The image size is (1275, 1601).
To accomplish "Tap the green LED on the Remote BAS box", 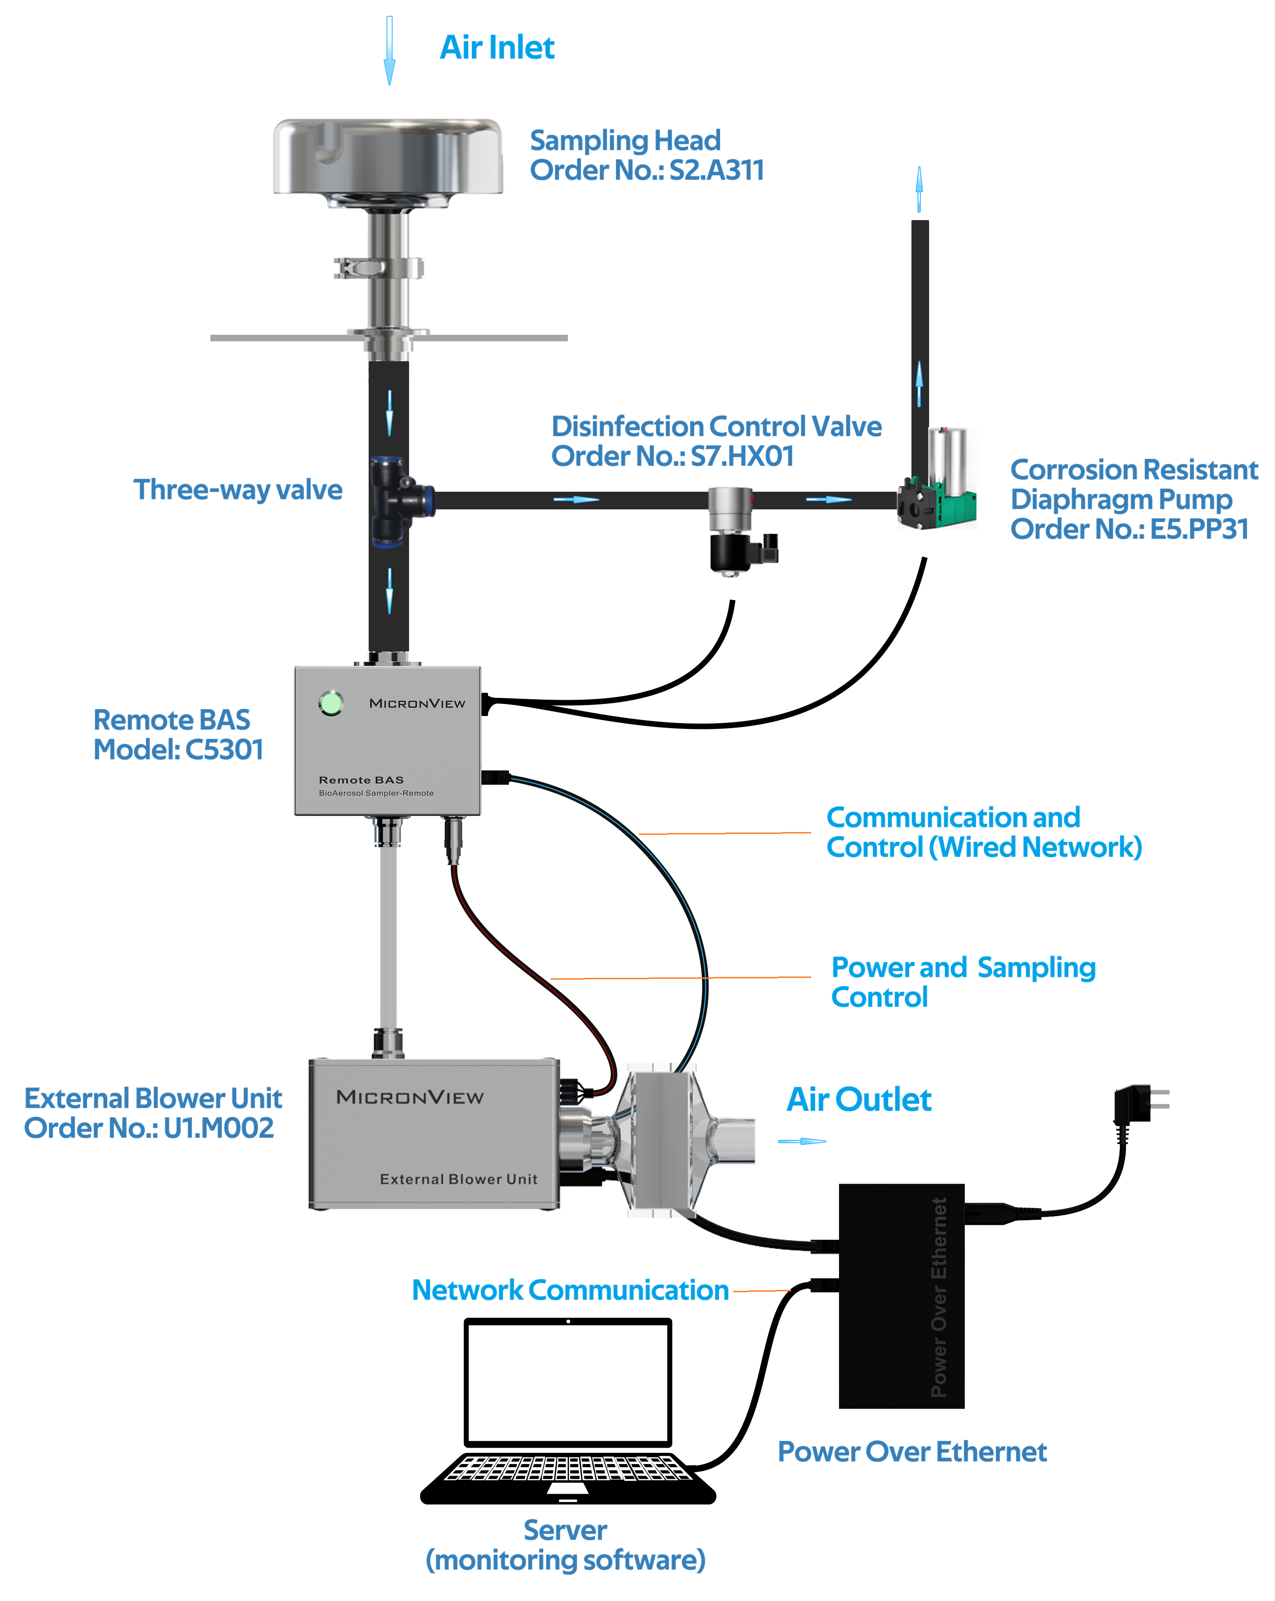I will pos(331,703).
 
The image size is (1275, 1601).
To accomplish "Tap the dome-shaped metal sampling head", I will pos(388,157).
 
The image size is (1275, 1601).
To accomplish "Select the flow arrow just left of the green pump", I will pos(828,499).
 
